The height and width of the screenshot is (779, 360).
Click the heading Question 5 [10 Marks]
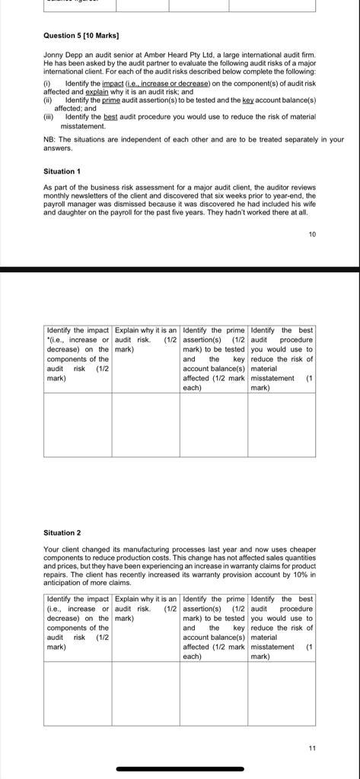click(81, 36)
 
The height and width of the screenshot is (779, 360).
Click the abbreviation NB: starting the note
click(49, 139)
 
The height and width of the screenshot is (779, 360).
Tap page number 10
click(311, 234)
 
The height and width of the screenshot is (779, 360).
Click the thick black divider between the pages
click(180, 269)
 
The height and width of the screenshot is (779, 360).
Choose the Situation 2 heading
click(62, 533)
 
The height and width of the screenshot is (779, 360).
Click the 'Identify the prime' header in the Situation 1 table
click(214, 358)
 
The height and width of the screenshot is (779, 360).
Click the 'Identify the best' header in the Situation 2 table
click(281, 628)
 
